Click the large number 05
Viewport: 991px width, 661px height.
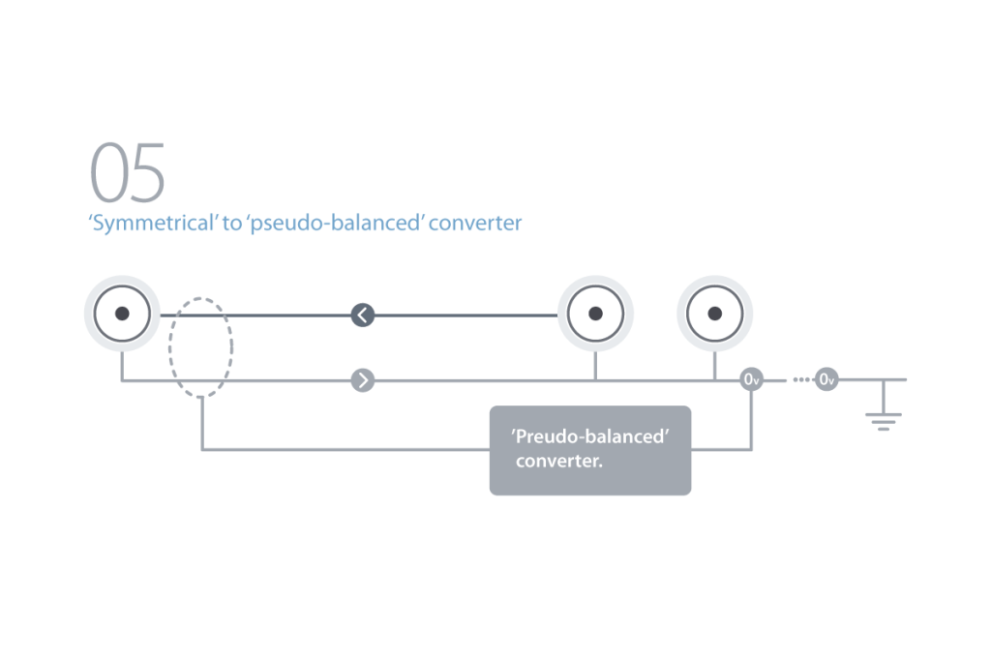coord(128,173)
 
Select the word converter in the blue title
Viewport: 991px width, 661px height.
coord(475,224)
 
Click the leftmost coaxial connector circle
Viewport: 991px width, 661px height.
coord(122,314)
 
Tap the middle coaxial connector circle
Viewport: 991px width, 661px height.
coord(596,314)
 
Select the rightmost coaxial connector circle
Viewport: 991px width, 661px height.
coord(715,314)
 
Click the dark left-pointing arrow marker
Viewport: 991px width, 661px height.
coord(362,315)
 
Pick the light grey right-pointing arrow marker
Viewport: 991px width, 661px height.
coord(362,380)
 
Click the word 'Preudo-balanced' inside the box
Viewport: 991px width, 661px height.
coord(590,437)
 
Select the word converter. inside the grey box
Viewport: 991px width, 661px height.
coord(559,461)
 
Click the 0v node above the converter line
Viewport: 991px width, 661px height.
coord(751,380)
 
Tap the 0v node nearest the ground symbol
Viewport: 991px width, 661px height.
coord(826,380)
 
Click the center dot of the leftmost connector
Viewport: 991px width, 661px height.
coord(122,314)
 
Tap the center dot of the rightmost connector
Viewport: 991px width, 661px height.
coord(715,314)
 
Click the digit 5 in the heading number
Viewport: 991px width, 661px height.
coord(148,173)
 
